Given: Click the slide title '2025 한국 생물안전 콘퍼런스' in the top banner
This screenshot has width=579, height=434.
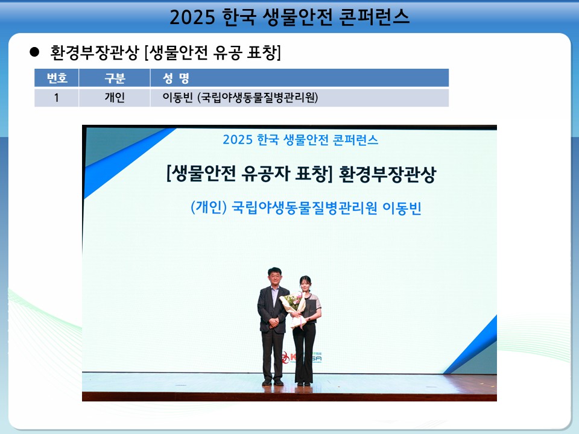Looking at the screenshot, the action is (x=289, y=17).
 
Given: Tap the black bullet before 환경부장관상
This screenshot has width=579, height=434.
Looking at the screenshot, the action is (x=34, y=52).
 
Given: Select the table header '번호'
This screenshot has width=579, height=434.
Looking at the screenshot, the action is (x=57, y=78).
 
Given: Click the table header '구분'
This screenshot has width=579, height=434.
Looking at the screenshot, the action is (x=115, y=78).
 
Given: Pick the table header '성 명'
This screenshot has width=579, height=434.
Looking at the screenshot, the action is (x=176, y=78).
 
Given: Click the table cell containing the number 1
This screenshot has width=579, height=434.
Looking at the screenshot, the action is (x=57, y=98).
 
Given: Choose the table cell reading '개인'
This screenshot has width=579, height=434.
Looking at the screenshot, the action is (x=115, y=98).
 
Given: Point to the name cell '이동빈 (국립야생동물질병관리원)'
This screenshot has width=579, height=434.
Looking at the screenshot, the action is (x=240, y=98).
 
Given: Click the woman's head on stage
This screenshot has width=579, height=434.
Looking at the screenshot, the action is (x=306, y=283).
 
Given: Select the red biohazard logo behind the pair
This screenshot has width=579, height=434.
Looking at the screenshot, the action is (x=285, y=357).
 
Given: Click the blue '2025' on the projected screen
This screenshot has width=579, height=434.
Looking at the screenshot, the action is (x=238, y=140).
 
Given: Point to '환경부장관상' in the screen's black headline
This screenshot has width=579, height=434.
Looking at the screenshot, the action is (x=387, y=174).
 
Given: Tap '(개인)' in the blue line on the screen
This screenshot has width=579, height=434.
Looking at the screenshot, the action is (x=209, y=207).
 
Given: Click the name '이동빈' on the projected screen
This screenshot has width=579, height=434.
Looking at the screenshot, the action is (x=402, y=208).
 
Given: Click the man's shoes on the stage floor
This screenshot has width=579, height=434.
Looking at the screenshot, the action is (x=273, y=383).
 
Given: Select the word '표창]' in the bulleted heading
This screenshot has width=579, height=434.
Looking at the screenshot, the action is (x=264, y=52).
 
